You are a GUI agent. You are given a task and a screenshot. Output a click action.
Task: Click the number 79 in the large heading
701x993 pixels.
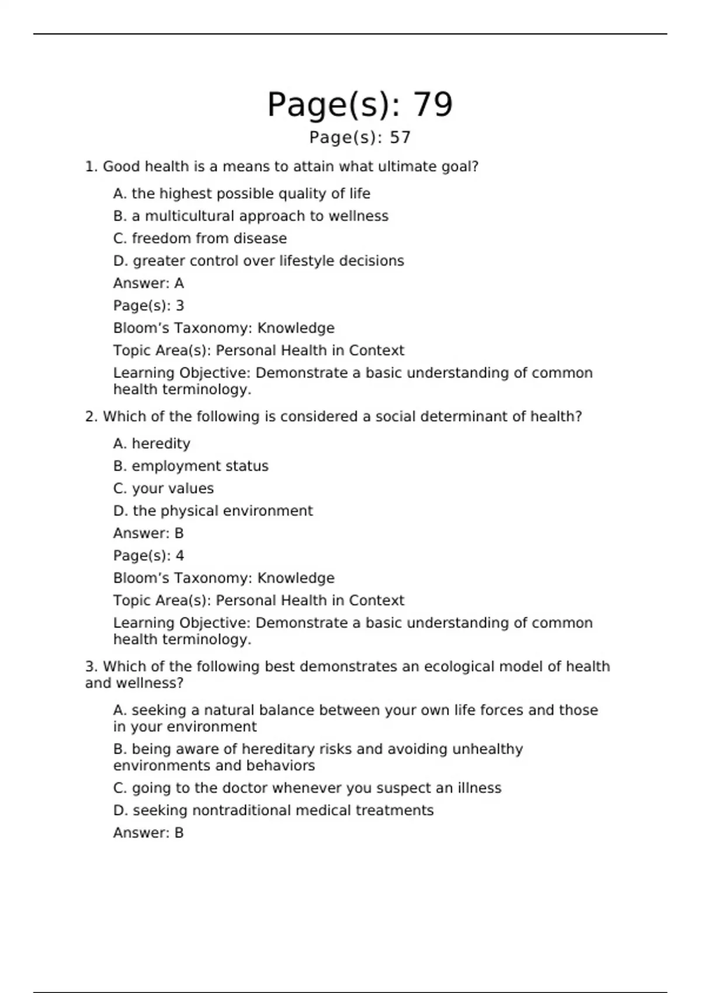pyautogui.click(x=433, y=105)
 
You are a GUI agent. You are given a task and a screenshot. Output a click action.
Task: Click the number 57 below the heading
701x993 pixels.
pyautogui.click(x=400, y=138)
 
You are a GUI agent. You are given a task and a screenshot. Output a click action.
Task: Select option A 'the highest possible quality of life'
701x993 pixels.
pyautogui.click(x=241, y=193)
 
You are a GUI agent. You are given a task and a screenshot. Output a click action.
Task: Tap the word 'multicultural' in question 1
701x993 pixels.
pyautogui.click(x=189, y=216)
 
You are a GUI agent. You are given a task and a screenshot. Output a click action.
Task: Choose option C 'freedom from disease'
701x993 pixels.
pyautogui.click(x=200, y=238)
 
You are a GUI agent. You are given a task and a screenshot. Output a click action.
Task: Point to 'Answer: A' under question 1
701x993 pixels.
pyautogui.click(x=148, y=283)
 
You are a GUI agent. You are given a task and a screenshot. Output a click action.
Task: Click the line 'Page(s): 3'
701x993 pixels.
pyautogui.click(x=148, y=305)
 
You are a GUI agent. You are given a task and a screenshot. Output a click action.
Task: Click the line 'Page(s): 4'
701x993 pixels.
pyautogui.click(x=148, y=555)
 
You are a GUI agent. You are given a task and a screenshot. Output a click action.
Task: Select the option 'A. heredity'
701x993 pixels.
pyautogui.click(x=152, y=444)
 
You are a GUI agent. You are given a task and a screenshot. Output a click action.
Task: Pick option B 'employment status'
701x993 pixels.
pyautogui.click(x=190, y=466)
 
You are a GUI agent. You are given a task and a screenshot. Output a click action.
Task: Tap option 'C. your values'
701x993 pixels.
pyautogui.click(x=164, y=488)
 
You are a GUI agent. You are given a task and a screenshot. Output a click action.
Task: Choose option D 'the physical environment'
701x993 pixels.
pyautogui.click(x=213, y=511)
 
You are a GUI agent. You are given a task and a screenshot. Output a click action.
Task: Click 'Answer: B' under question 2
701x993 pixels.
pyautogui.click(x=148, y=533)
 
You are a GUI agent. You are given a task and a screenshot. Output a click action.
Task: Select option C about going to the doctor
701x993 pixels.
pyautogui.click(x=307, y=788)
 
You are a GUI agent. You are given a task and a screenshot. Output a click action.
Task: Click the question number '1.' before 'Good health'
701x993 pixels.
pyautogui.click(x=91, y=167)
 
